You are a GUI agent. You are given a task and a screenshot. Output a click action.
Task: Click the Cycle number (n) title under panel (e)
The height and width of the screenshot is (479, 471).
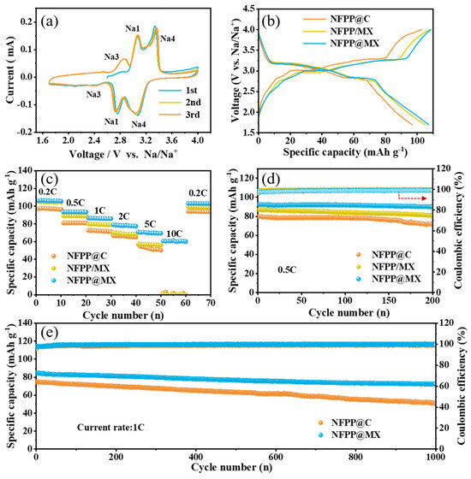click(232, 470)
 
